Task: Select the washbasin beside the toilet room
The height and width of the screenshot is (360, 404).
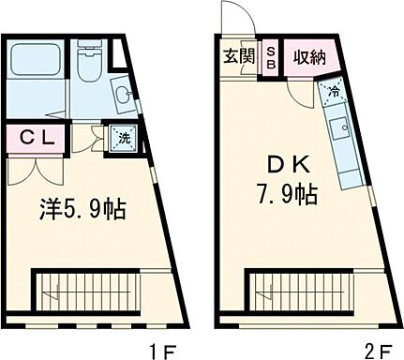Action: (121, 94)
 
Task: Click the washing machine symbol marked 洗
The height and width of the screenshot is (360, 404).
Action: (123, 139)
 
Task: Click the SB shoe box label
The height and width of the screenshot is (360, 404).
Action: (269, 56)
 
